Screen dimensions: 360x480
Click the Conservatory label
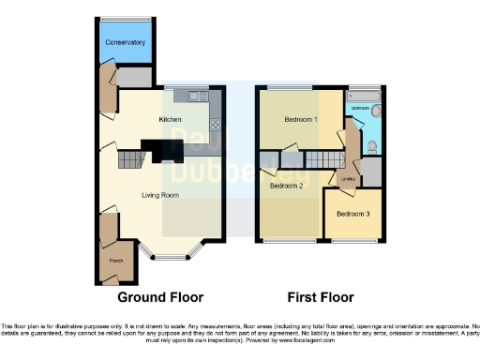tap(125, 43)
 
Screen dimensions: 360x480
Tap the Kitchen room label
tap(170, 120)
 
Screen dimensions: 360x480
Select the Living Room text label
tap(159, 195)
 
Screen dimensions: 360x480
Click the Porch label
tap(116, 260)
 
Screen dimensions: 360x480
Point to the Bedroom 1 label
tap(301, 120)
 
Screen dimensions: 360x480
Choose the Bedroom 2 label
tap(286, 186)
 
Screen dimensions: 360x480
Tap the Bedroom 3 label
tap(353, 215)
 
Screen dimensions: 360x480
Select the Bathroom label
tap(361, 109)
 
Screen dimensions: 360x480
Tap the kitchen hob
tap(215, 124)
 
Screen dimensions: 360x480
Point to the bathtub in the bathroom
tap(364, 96)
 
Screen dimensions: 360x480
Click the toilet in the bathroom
tap(373, 145)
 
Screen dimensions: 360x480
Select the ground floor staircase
tap(128, 162)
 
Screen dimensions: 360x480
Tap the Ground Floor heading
tap(159, 298)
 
